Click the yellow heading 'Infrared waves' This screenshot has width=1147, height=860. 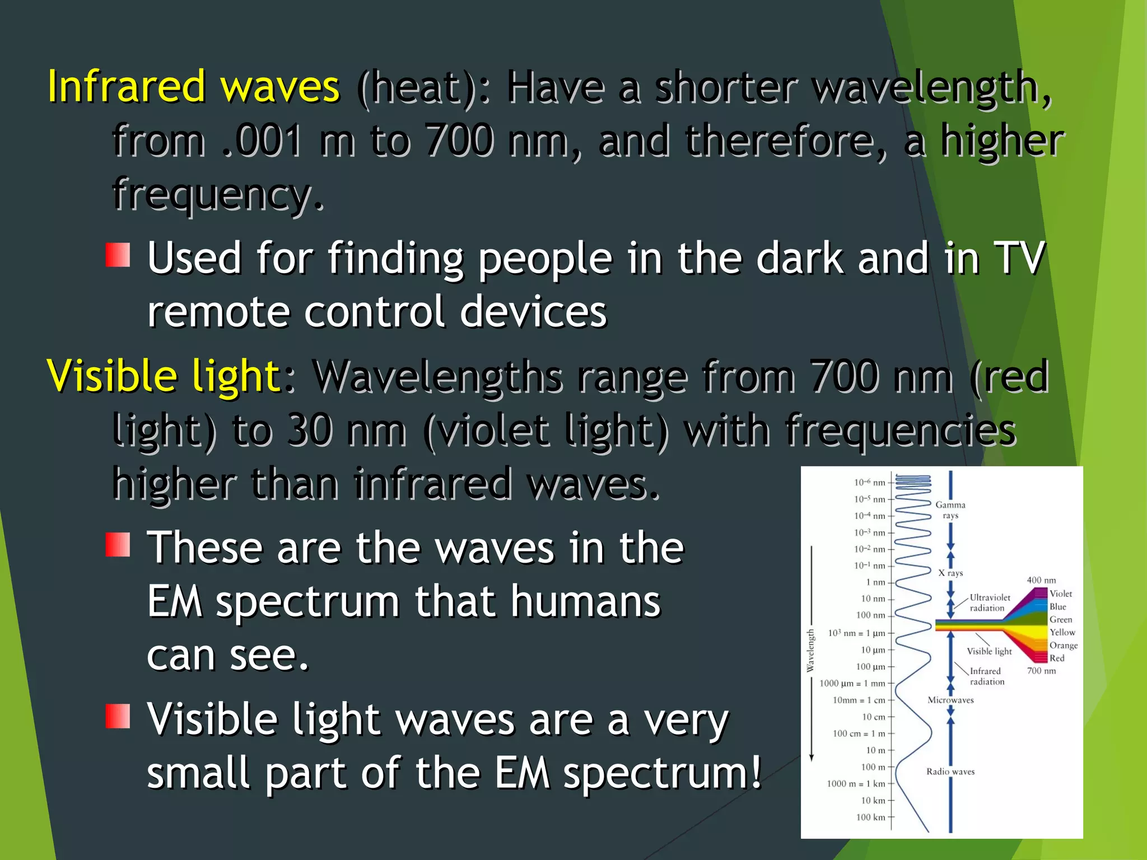[x=193, y=86]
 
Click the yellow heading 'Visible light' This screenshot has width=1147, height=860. [x=164, y=376]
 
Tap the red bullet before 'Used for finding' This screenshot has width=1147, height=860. [x=118, y=255]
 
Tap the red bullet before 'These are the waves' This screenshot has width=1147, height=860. [x=118, y=544]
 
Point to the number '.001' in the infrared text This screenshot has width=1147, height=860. [x=262, y=140]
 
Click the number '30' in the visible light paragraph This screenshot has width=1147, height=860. [x=310, y=430]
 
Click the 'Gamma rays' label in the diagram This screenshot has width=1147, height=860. [x=950, y=510]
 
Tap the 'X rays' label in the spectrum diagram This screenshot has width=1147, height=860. [x=950, y=573]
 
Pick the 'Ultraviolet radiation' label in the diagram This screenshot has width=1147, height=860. [x=989, y=602]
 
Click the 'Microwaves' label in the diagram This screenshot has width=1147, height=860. [x=950, y=700]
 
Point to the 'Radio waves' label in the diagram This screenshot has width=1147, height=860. [x=950, y=772]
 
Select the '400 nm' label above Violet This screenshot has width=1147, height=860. [x=1041, y=580]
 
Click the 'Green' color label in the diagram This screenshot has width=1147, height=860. [x=1060, y=619]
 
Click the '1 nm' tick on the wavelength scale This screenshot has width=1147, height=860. [x=876, y=582]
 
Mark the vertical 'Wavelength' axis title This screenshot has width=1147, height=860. [x=810, y=651]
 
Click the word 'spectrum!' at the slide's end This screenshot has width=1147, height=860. [x=663, y=773]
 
